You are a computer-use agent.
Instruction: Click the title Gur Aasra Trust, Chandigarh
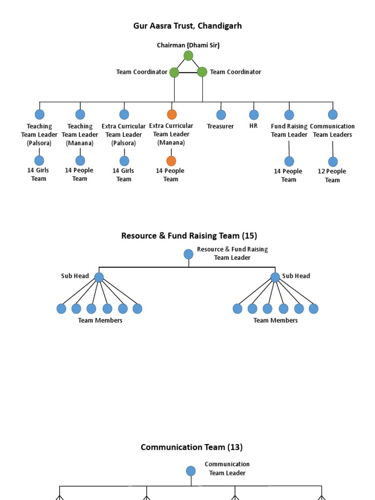187,26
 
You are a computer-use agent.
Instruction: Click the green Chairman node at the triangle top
188,56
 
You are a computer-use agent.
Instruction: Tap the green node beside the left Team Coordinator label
174,72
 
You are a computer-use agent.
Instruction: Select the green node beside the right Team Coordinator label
202,72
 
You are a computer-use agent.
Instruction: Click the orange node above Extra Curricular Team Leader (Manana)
171,114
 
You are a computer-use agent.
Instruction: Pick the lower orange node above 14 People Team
171,161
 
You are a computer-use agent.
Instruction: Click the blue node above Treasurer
221,115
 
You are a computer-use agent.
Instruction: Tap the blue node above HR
254,115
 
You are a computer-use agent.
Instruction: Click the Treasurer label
220,126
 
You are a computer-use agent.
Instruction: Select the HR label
253,126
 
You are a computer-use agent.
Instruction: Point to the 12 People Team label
332,176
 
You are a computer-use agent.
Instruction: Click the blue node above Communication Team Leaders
333,114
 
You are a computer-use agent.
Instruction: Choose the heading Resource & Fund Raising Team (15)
188,236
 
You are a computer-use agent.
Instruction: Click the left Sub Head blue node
99,277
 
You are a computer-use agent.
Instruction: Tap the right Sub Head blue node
275,277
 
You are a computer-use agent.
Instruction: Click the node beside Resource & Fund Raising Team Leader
188,254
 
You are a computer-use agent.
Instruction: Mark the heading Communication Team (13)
191,447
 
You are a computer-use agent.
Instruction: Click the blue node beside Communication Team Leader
191,471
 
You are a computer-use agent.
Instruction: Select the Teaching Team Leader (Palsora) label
39,134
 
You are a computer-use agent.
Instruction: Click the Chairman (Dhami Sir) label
188,45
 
